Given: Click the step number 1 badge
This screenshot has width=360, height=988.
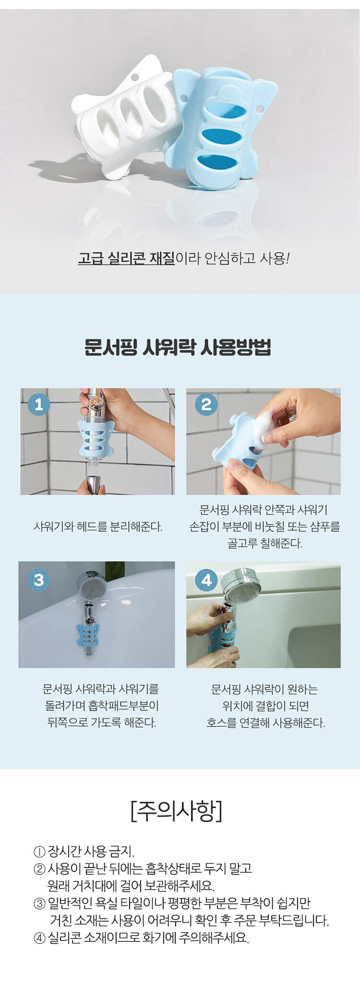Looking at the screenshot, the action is pos(39,404).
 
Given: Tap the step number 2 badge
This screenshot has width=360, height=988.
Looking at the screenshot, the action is pos(206,404).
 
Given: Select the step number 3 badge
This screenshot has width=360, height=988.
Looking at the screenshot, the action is pos(39,580).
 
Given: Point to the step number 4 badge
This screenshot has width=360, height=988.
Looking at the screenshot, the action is pos(206,580).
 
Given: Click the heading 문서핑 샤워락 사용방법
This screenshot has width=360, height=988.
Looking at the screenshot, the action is pos(178,347).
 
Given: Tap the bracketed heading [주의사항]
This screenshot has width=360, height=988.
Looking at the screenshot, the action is pos(176,811).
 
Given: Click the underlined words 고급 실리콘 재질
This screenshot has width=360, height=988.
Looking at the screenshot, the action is pos(126,259).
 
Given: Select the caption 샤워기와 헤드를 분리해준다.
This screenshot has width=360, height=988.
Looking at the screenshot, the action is pos(98,527).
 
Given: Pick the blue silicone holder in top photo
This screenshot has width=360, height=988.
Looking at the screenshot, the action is pos(218,127).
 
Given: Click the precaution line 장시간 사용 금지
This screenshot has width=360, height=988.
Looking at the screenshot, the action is pos(84,852).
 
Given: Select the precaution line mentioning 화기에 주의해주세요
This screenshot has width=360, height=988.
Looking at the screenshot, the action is pos(141,938).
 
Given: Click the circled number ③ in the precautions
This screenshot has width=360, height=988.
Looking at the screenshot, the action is pos(39,904).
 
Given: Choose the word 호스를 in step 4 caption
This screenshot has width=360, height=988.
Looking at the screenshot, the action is pos(221,723).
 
